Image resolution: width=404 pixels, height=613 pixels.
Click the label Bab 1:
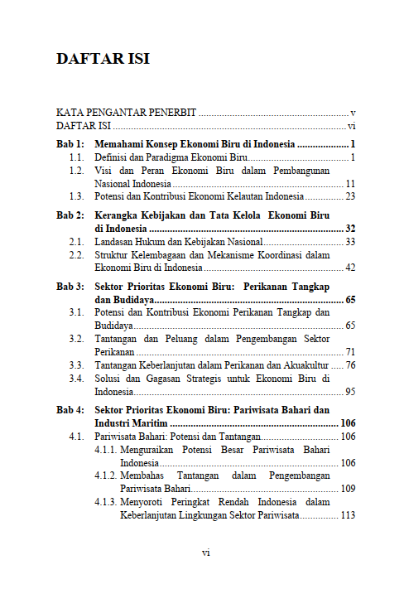70,143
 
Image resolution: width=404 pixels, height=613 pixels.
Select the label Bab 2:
70,215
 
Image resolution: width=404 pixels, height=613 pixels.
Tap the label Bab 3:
70,286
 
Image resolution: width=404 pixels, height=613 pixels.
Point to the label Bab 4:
70,409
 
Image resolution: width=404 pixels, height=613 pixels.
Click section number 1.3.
77,196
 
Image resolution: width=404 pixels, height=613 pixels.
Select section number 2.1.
77,241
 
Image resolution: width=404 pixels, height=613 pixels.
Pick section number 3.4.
77,378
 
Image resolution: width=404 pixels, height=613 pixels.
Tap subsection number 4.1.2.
106,475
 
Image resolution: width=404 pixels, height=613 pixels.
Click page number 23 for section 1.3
350,196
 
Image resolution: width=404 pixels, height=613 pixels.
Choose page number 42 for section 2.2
350,268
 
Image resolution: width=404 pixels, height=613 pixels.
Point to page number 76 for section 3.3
350,364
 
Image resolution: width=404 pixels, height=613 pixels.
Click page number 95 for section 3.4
350,391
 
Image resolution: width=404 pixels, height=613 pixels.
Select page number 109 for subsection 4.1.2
348,489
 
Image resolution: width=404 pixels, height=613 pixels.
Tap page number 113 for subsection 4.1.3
348,515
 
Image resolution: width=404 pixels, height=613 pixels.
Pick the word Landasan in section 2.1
114,241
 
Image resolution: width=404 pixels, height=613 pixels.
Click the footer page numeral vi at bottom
206,552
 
